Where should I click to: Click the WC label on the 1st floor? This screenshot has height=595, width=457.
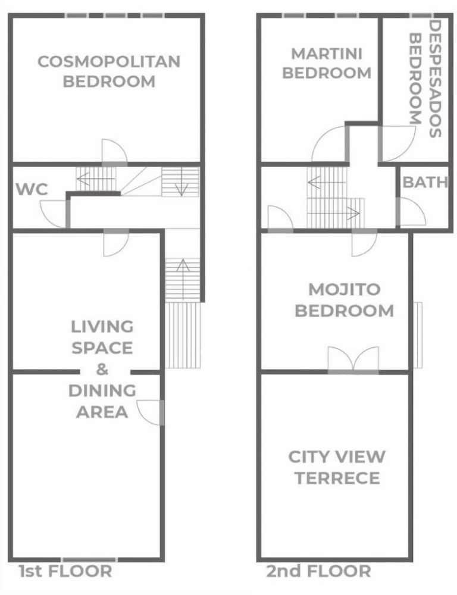tap(32, 189)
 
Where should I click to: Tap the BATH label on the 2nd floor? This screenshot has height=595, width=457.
tap(425, 182)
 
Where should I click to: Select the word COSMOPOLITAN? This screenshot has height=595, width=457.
tap(109, 62)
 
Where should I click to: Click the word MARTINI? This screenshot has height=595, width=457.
tap(327, 54)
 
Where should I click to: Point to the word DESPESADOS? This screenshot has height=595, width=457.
tap(434, 79)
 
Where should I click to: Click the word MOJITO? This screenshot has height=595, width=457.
tap(345, 290)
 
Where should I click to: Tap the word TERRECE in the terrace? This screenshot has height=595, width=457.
tap(337, 478)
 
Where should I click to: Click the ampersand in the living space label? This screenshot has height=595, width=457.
tap(102, 369)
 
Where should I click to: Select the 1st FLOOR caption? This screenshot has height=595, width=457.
tap(65, 571)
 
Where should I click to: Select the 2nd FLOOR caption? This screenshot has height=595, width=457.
tap(318, 571)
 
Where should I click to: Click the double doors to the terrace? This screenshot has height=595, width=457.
tap(353, 359)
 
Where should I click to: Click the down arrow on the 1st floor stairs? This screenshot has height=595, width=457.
tap(181, 181)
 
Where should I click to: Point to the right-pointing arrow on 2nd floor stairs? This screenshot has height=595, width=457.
tap(333, 213)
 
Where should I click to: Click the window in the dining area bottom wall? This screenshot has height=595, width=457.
tap(89, 560)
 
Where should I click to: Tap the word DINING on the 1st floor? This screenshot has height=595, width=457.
tap(102, 390)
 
